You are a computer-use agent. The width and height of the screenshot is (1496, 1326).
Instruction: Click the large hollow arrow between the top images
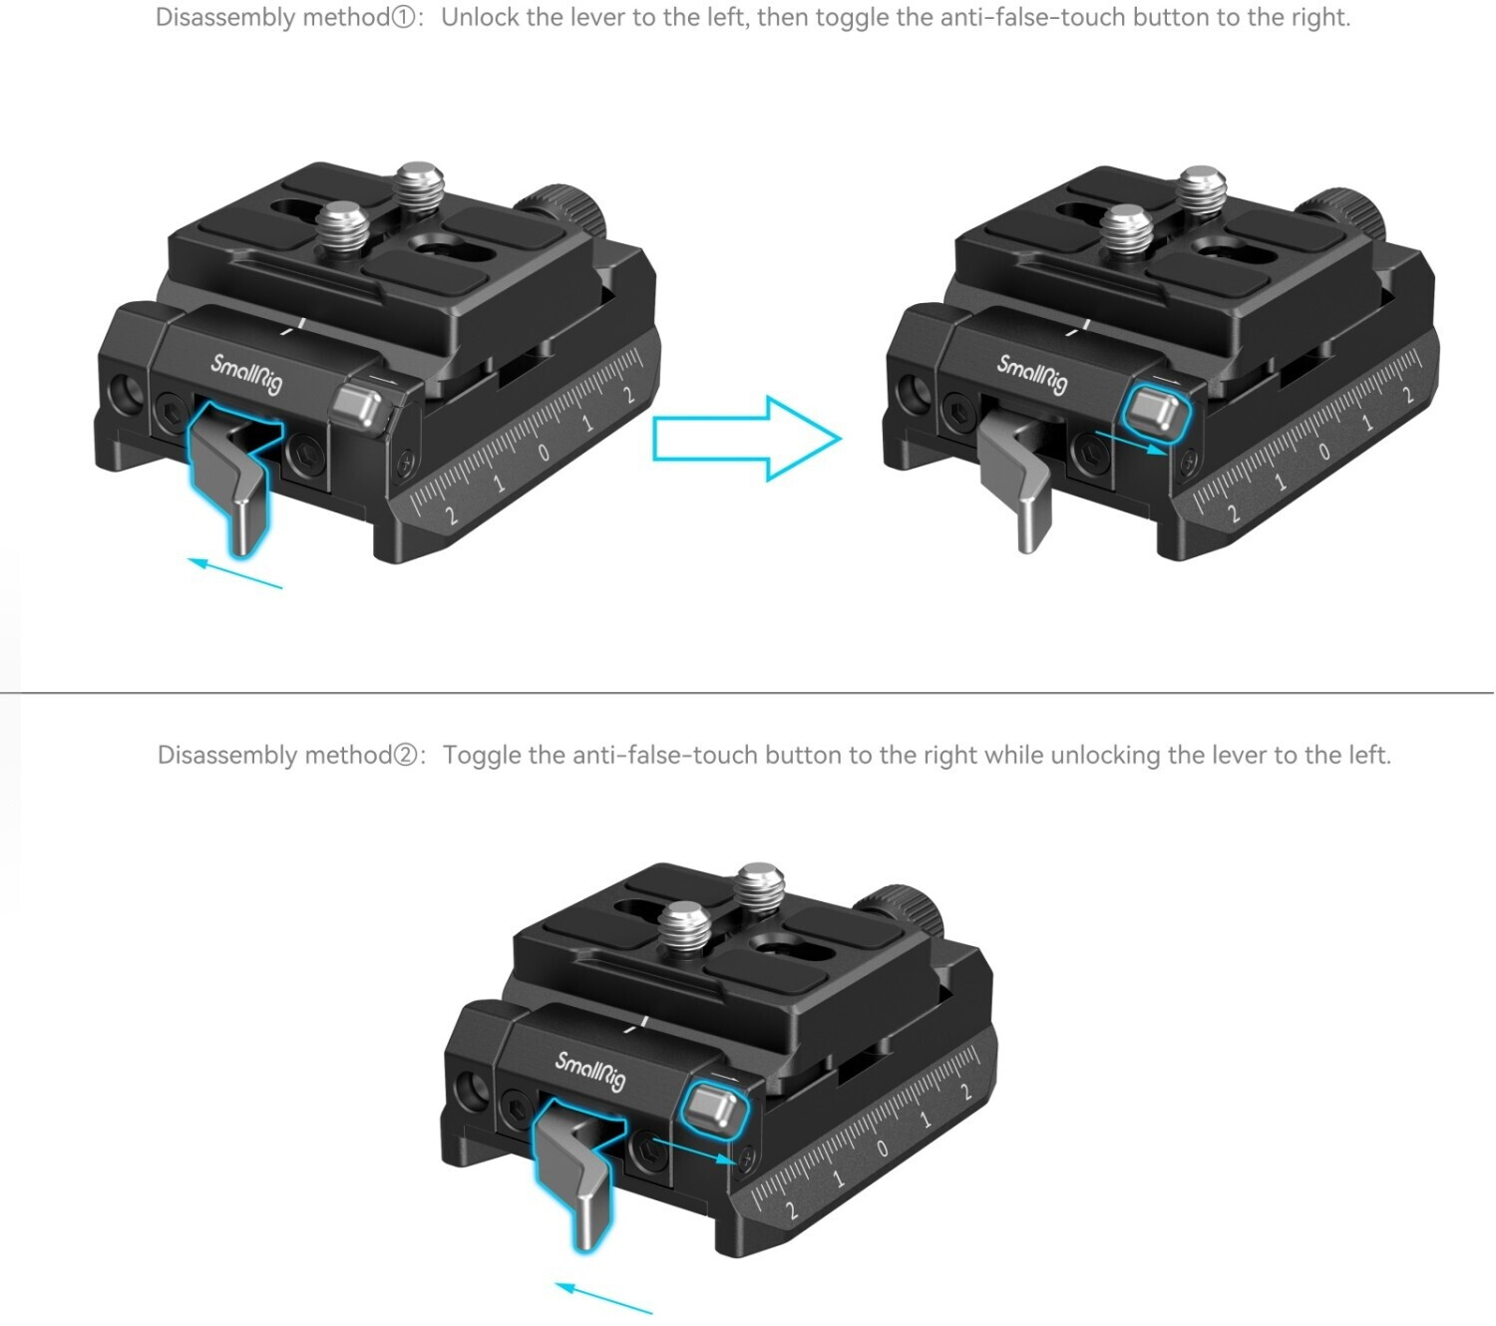(746, 439)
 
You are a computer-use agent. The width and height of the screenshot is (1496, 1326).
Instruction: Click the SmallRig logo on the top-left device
(246, 374)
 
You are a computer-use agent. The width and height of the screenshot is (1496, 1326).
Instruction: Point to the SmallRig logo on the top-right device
(1032, 374)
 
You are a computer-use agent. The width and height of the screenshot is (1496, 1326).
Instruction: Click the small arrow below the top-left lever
(235, 573)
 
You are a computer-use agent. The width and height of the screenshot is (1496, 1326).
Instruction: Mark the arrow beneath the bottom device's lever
(603, 1298)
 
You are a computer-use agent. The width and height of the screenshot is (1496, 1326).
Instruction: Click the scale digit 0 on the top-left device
(544, 453)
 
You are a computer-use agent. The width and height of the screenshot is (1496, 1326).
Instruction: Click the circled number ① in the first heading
(403, 18)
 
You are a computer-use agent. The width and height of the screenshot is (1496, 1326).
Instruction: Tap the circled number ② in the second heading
(405, 756)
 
